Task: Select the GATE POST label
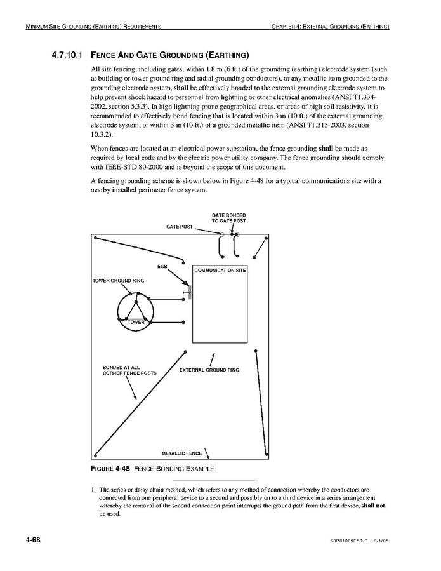click(179, 227)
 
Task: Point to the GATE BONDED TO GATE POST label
click(228, 218)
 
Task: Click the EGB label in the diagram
click(162, 266)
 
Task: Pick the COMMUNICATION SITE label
click(220, 270)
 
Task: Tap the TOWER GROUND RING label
click(118, 280)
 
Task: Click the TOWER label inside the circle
click(136, 323)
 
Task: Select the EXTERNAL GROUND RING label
click(209, 370)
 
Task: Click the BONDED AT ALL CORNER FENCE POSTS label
click(129, 370)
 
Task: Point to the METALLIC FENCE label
click(181, 453)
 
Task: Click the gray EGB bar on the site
click(190, 293)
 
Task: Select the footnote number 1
click(93, 490)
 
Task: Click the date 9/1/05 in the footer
click(379, 541)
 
